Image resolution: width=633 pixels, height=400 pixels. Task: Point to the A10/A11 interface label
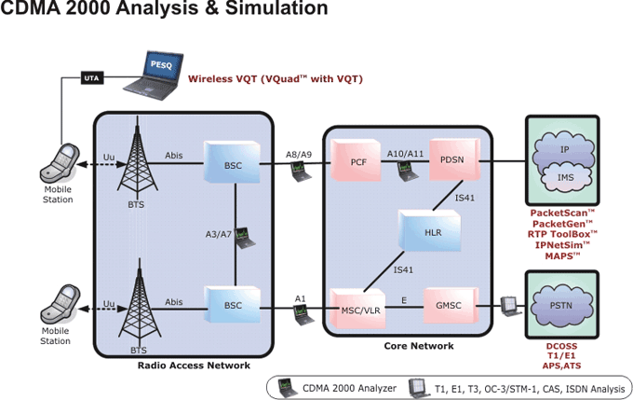pyautogui.click(x=406, y=153)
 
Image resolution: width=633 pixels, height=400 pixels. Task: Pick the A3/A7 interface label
pyautogui.click(x=218, y=234)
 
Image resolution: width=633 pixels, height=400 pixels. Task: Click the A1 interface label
pyautogui.click(x=300, y=297)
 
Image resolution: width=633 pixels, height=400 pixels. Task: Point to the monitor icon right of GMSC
pyautogui.click(x=507, y=304)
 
